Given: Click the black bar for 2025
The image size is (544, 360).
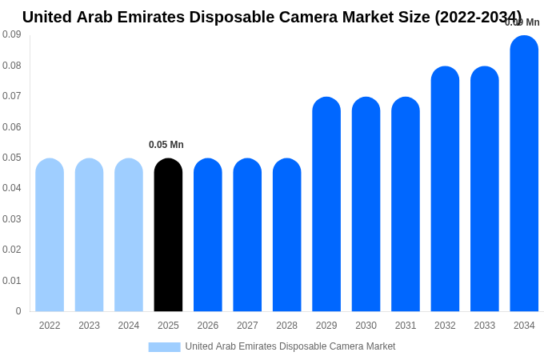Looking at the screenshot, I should [168, 235].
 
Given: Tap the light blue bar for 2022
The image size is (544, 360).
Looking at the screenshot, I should [50, 235].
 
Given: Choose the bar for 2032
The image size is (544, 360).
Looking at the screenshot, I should [445, 189].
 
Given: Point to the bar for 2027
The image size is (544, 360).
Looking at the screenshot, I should [247, 235].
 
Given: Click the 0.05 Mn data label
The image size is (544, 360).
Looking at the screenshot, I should [166, 145].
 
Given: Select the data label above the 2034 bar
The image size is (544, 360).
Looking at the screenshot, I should [522, 22].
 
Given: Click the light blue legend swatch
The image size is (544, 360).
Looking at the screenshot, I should [164, 347].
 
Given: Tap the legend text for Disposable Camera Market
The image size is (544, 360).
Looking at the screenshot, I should [290, 346].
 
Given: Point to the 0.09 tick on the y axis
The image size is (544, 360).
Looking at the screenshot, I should [12, 34].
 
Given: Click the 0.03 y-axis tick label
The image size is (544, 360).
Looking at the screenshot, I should [12, 219].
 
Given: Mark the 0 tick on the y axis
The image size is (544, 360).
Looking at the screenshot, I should [18, 311].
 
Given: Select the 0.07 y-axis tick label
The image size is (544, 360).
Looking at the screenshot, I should [12, 96].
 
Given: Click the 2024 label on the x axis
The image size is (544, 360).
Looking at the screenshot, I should [129, 326].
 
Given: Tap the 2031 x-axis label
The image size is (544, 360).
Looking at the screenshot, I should [406, 326].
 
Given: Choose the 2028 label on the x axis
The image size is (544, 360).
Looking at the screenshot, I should [286, 326].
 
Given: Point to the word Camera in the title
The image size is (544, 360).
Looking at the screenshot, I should [340, 17].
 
